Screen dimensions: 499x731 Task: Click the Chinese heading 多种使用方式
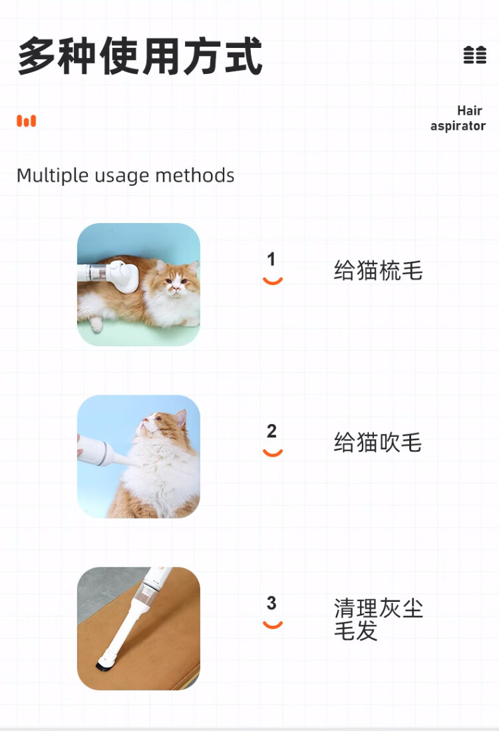coord(140,56)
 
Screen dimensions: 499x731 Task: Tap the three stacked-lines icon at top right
coord(475,55)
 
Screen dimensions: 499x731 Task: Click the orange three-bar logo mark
coord(26,121)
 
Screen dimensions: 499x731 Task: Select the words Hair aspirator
coord(458,118)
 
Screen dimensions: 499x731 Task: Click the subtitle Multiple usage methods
coord(125,175)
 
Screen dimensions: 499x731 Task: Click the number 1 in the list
coord(271,259)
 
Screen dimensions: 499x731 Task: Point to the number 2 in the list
coord(271,431)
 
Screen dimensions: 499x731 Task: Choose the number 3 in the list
coord(271,603)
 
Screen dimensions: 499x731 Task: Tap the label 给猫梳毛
coord(378,270)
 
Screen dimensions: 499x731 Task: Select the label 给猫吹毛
coord(378,443)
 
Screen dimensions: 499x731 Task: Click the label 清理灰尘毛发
coord(378,619)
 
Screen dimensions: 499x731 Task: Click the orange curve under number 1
coord(273,281)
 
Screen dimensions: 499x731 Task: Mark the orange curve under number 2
coord(273,453)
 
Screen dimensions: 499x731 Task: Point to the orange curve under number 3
coord(273,625)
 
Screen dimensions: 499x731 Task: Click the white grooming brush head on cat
coord(123,276)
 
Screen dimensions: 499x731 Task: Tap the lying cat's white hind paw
coord(96,324)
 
